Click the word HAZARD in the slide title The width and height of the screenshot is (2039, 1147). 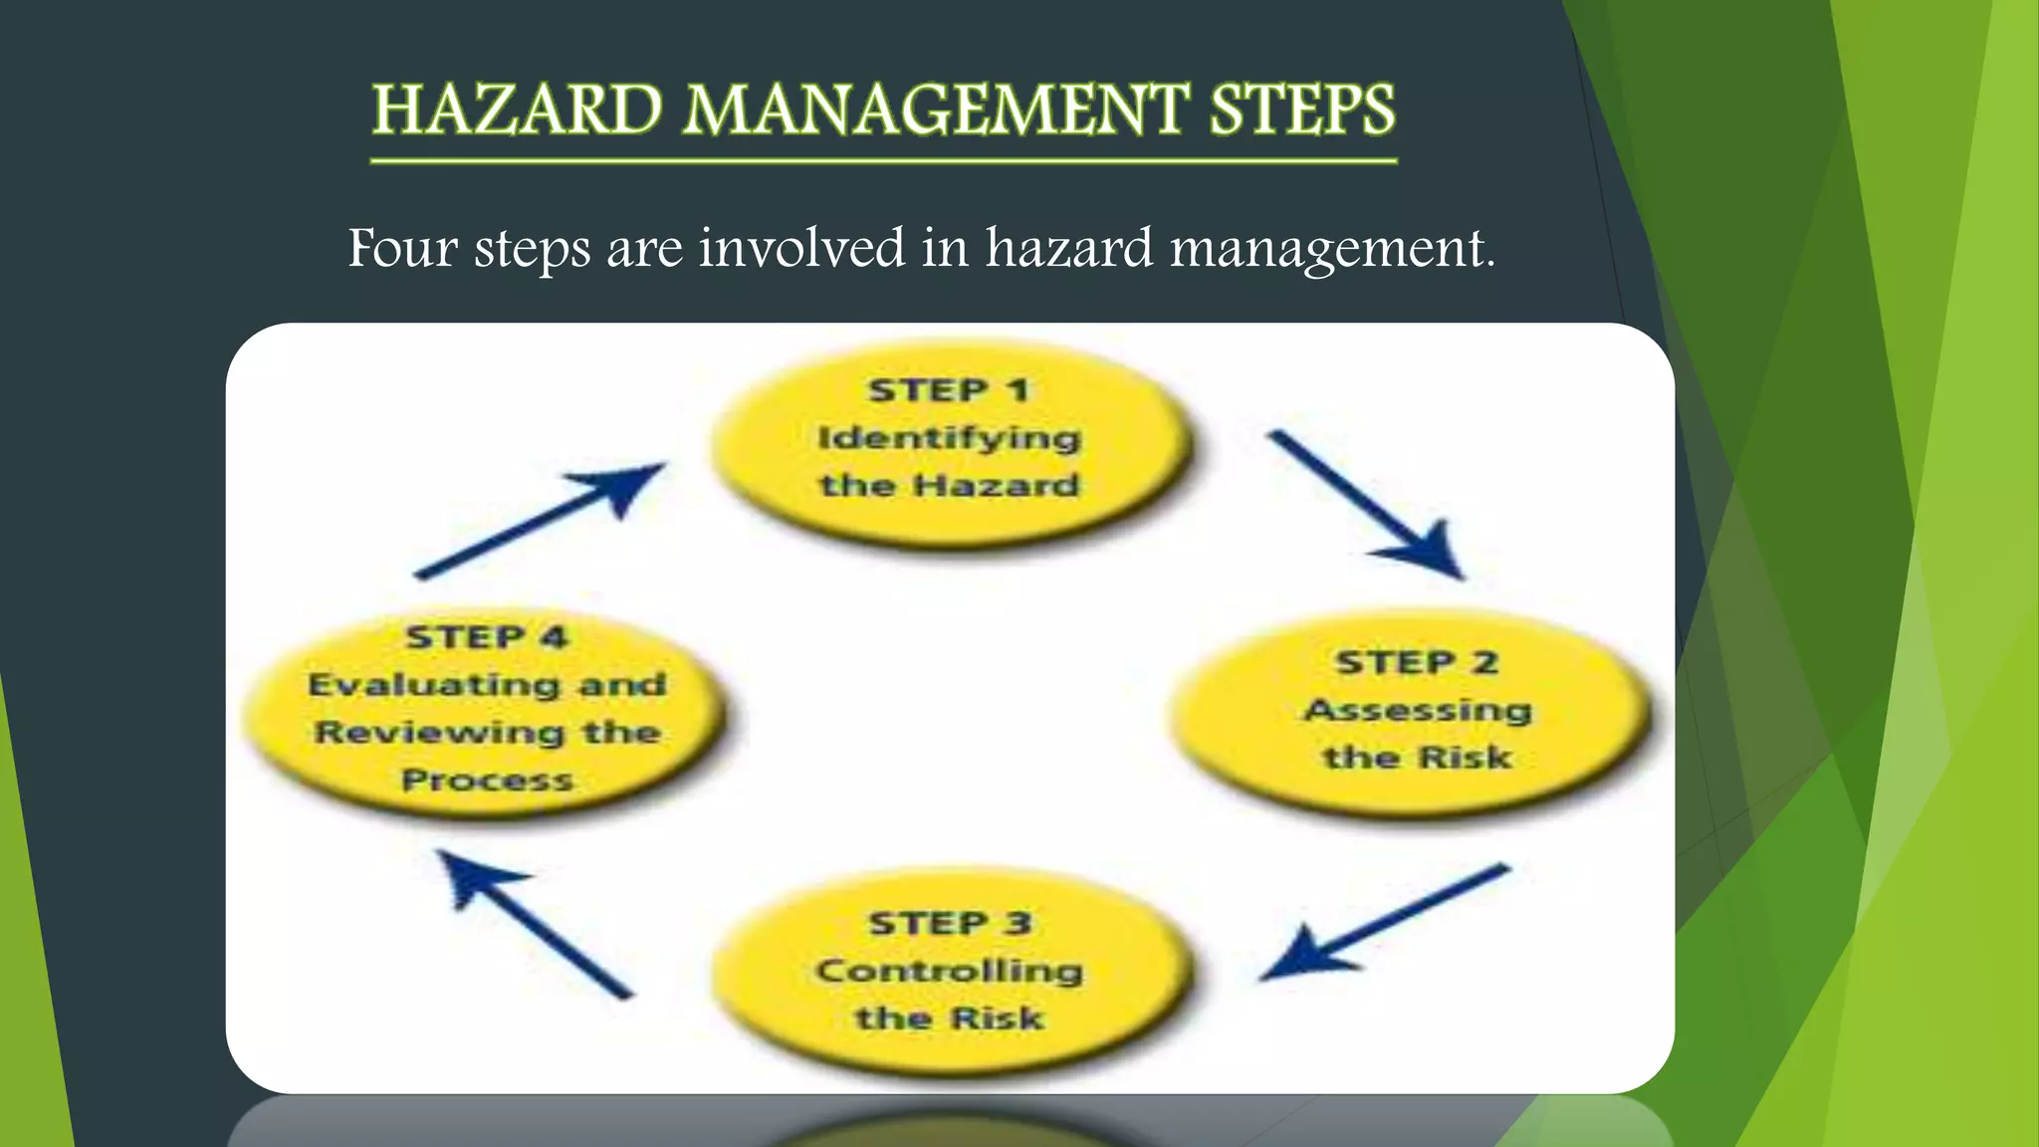click(518, 110)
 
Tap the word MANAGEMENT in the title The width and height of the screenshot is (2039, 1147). click(936, 110)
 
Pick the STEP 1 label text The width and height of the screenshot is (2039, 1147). click(948, 390)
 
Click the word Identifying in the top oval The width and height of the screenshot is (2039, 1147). click(949, 438)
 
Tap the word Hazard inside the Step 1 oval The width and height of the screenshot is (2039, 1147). click(997, 486)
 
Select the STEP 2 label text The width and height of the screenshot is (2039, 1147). click(1417, 662)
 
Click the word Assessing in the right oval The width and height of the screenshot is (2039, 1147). click(1418, 710)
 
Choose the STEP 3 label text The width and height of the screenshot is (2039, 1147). click(950, 923)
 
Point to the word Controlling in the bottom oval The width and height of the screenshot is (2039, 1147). click(949, 971)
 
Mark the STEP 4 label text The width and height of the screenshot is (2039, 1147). click(487, 637)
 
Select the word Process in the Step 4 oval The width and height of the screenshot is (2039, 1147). click(487, 780)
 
